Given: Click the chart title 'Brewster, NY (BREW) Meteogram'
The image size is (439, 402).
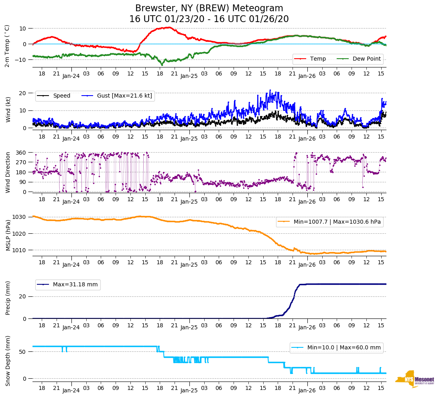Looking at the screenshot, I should pyautogui.click(x=209, y=8).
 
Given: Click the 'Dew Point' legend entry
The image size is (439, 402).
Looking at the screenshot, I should pyautogui.click(x=367, y=59).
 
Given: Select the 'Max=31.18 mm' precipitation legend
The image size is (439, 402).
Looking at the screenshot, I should pyautogui.click(x=75, y=284).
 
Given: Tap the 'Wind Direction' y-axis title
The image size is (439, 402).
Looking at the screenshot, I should pyautogui.click(x=8, y=172).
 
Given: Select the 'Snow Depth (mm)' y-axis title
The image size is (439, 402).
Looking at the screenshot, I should pyautogui.click(x=8, y=361).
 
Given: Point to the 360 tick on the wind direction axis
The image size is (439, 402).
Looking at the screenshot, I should pyautogui.click(x=21, y=153).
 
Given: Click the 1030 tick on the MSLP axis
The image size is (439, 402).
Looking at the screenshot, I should pyautogui.click(x=20, y=217).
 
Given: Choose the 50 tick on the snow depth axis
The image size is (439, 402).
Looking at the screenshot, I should pyautogui.click(x=23, y=352).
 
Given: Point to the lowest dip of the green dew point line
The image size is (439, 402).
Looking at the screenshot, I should pyautogui.click(x=162, y=64).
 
